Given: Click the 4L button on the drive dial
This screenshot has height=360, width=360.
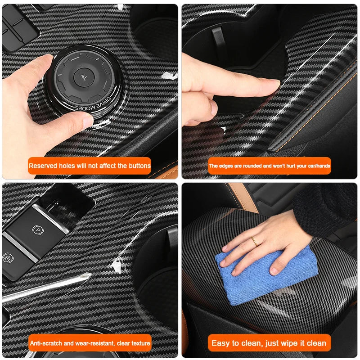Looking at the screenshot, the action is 84,77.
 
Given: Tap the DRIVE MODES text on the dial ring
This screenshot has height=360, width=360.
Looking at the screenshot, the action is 94,104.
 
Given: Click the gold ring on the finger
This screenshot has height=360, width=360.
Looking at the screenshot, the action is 254,241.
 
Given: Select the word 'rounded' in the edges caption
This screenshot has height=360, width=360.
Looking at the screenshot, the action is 252,166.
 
